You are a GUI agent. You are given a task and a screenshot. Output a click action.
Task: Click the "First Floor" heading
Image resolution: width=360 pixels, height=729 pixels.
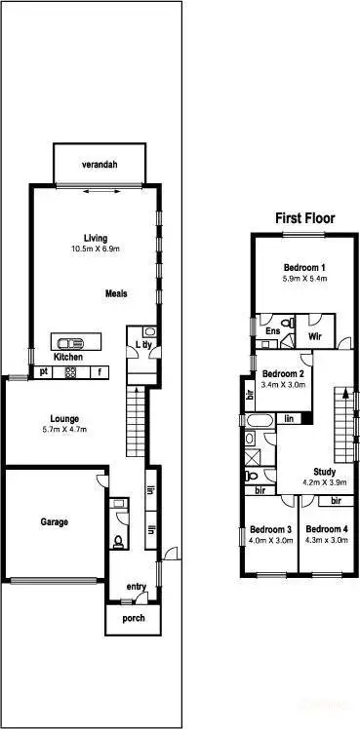point(305,218)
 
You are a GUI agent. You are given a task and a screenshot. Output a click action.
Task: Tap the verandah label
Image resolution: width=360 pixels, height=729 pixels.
point(100,165)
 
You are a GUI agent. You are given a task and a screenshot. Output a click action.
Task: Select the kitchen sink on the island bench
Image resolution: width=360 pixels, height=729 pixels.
point(70,342)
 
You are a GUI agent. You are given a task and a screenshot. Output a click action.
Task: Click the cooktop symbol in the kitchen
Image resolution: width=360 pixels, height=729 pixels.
point(70,371)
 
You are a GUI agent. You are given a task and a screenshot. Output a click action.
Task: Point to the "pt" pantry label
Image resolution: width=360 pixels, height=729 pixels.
point(44,371)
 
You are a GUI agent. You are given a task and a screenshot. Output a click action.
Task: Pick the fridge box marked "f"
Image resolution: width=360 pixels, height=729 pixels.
point(98,371)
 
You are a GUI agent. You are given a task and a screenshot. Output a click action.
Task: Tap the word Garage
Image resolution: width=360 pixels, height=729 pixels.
point(54,521)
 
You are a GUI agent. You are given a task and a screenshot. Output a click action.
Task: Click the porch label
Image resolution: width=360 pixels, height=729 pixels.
point(133,619)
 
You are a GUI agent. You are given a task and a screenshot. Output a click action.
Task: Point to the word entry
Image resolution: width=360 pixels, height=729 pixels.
point(137,586)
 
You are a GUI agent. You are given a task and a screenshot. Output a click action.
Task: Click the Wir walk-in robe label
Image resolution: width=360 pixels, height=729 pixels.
point(314,335)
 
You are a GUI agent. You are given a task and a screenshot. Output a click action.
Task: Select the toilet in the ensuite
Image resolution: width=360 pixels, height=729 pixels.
point(286,323)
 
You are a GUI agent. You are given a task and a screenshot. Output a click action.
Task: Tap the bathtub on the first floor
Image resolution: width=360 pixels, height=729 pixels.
point(259,420)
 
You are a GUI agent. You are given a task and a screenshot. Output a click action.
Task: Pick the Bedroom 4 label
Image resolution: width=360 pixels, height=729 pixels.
point(326,529)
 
